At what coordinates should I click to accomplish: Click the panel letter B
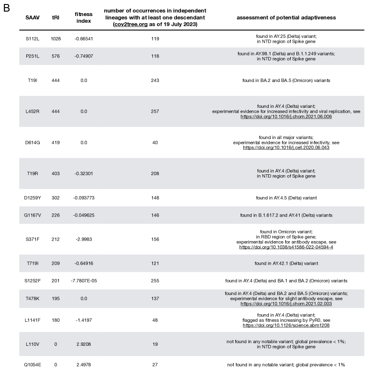point(6,8)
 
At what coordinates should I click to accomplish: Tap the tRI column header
point(56,17)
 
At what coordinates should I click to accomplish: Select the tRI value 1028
point(56,39)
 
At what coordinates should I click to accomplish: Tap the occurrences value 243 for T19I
point(155,80)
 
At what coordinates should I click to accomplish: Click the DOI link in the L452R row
point(286,116)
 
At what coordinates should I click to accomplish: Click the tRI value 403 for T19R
point(56,173)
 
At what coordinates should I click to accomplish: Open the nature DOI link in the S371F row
point(286,246)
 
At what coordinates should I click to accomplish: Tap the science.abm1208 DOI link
point(286,326)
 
